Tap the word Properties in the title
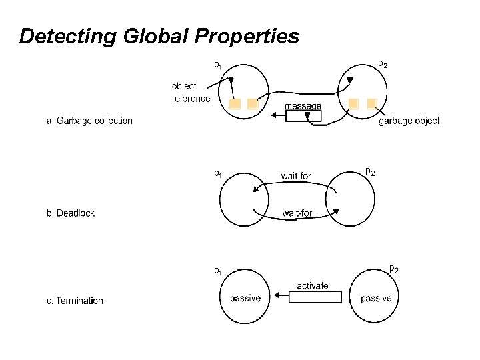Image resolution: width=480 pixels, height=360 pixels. click(247, 36)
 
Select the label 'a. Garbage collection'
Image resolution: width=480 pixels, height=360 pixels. click(89, 121)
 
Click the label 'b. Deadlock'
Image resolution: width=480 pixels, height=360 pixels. click(71, 213)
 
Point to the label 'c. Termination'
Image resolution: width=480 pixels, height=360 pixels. click(75, 301)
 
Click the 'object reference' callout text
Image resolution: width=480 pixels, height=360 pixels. click(191, 93)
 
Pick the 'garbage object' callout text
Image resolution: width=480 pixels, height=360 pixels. click(409, 121)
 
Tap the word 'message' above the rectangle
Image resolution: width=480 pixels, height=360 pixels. click(303, 106)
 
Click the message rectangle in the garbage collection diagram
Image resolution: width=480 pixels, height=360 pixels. click(303, 115)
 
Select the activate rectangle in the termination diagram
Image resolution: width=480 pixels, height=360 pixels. click(315, 297)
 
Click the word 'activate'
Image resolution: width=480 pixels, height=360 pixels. click(312, 285)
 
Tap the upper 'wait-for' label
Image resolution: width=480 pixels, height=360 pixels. click(296, 176)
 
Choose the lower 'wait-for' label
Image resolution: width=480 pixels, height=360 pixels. click(297, 213)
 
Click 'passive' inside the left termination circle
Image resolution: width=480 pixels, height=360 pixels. click(245, 298)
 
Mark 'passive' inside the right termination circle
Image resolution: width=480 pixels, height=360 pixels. click(376, 298)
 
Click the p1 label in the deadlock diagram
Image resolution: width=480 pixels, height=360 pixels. click(218, 175)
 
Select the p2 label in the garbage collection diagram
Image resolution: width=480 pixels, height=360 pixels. click(383, 65)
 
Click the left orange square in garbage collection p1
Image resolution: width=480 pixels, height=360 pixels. click(235, 105)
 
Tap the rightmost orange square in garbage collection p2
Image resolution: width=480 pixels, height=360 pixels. click(372, 104)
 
